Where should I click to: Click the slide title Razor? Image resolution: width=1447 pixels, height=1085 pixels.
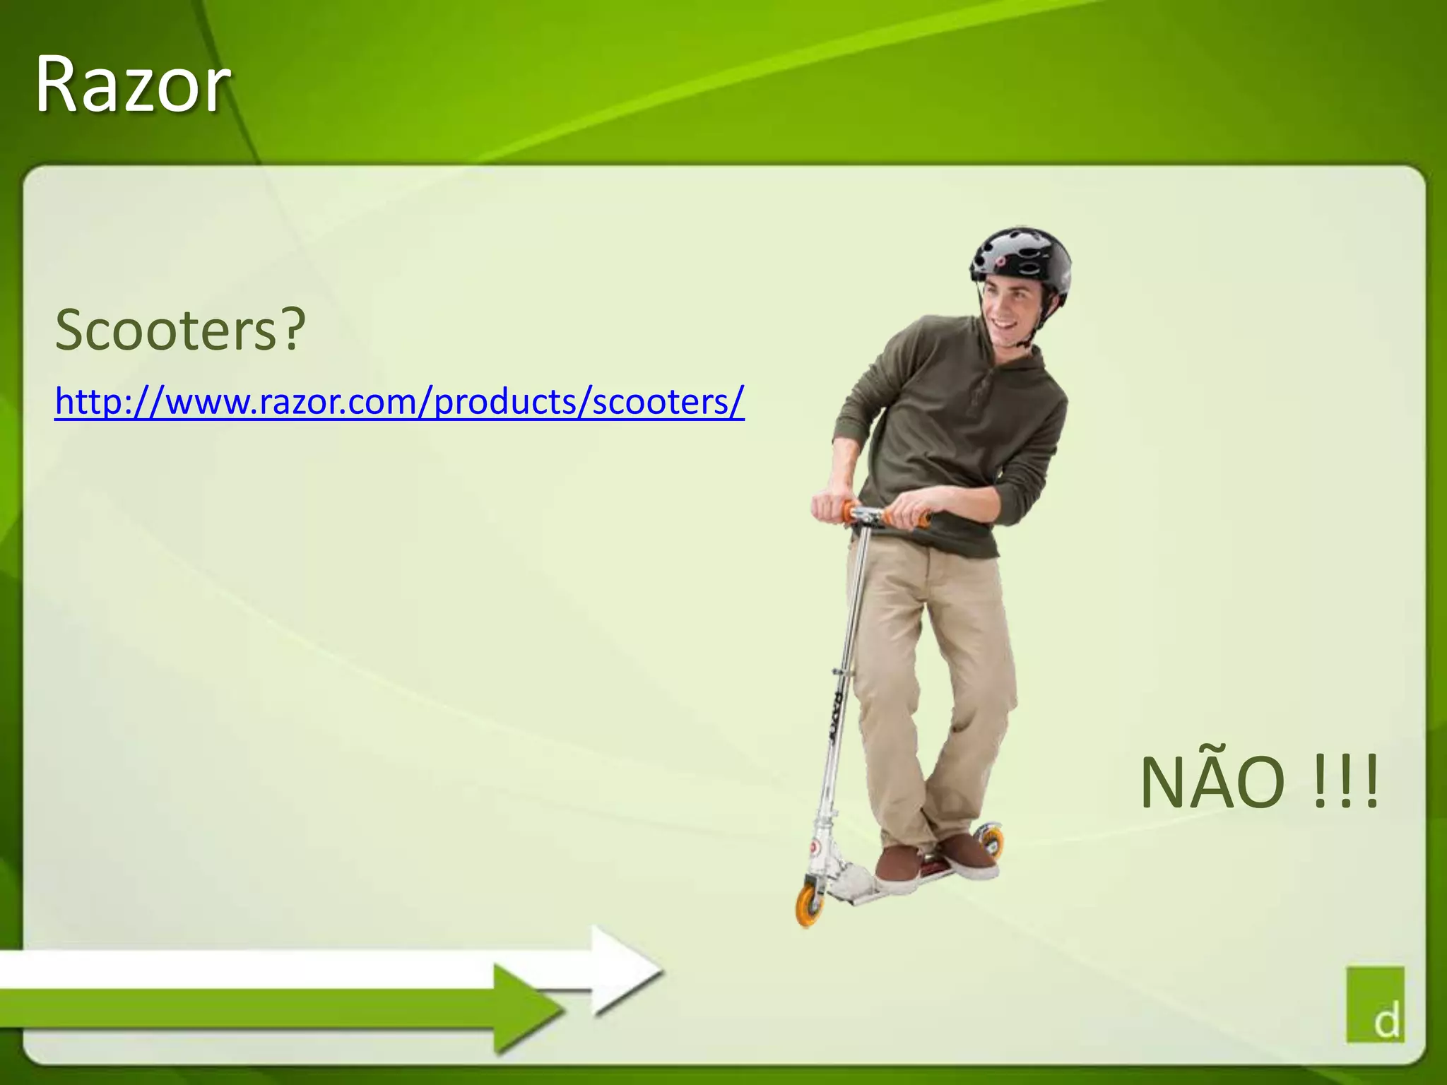(x=132, y=85)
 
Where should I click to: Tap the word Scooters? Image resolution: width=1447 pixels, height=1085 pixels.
(x=167, y=329)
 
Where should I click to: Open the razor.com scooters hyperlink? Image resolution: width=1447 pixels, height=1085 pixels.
(x=399, y=401)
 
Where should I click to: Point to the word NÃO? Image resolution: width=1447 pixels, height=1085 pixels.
(x=1212, y=783)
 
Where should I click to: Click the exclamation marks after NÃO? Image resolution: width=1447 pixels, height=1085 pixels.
(x=1346, y=783)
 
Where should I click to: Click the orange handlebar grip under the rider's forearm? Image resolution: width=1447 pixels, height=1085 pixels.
(x=920, y=519)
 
